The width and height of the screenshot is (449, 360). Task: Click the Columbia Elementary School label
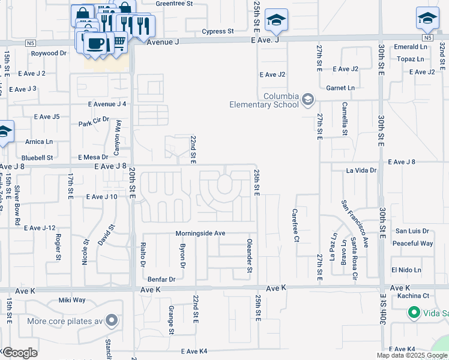264,100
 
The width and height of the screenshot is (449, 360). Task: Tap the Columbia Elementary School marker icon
308,99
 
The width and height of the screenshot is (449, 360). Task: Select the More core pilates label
66,320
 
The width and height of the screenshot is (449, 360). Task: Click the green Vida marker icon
414,313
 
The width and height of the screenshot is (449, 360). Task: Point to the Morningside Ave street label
200,233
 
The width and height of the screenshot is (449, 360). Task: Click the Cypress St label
217,31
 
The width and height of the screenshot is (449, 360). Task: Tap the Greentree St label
173,4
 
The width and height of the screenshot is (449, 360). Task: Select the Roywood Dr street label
49,53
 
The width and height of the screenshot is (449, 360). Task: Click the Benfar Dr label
161,279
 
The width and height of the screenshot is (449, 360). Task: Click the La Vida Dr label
361,170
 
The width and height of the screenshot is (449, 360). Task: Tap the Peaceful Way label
412,244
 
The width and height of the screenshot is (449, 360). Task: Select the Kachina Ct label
414,296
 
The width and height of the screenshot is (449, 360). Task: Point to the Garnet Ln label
340,88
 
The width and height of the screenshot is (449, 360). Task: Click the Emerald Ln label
411,47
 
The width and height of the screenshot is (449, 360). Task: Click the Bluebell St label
39,158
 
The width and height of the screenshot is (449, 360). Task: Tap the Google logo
19,352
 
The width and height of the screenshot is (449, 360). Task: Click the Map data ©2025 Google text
411,355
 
